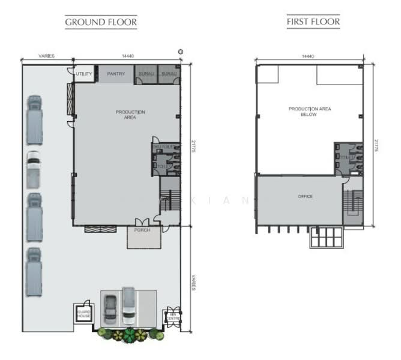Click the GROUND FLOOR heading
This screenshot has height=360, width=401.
pyautogui.click(x=101, y=23)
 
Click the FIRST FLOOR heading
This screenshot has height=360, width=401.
pyautogui.click(x=313, y=22)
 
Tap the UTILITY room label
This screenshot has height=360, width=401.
pyautogui.click(x=84, y=74)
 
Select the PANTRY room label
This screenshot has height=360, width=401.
pyautogui.click(x=115, y=74)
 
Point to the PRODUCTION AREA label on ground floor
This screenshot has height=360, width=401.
pyautogui.click(x=130, y=115)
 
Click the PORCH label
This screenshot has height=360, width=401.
pyautogui.click(x=143, y=230)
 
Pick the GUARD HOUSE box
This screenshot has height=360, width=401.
pyautogui.click(x=82, y=313)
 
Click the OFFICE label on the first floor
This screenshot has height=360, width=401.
pyautogui.click(x=305, y=197)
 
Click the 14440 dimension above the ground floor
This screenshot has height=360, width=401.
pyautogui.click(x=127, y=56)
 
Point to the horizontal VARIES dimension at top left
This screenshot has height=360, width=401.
pyautogui.click(x=47, y=56)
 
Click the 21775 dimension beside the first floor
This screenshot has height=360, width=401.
pyautogui.click(x=376, y=146)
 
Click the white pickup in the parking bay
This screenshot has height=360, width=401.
pyautogui.click(x=128, y=306)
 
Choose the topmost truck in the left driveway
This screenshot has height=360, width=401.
pyautogui.click(x=35, y=114)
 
